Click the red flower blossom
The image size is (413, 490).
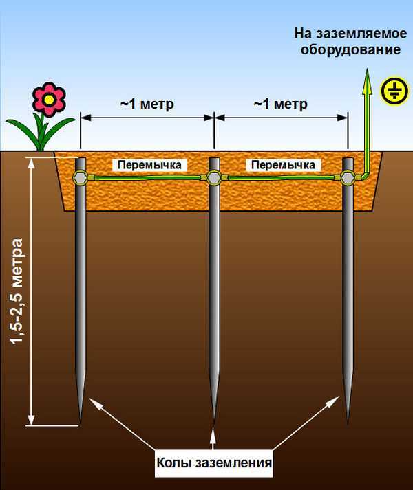49,100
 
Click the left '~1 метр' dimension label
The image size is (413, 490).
147,104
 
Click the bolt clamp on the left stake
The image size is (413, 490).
81,179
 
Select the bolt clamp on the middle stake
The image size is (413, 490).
214,179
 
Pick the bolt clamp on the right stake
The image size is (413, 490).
347,179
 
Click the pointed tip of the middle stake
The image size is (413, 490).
214,421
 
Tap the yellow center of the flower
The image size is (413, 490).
49,100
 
